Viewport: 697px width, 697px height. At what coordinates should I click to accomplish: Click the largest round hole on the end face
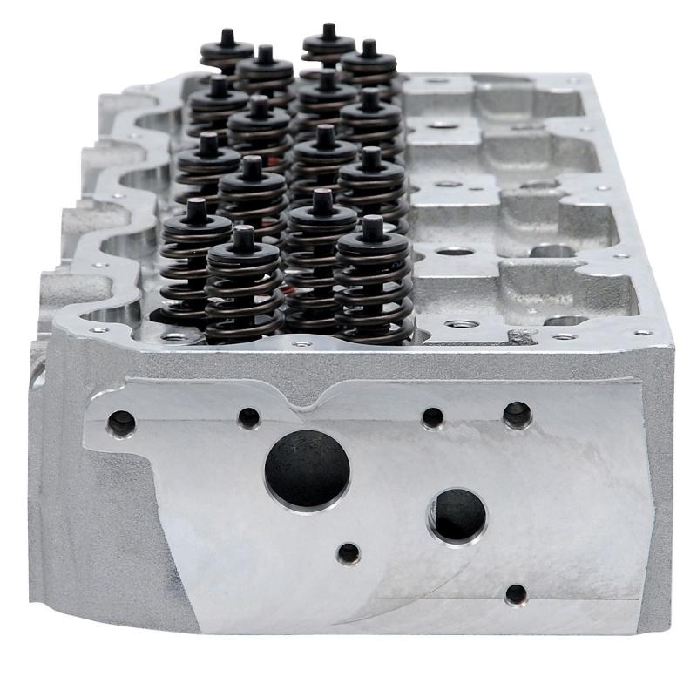307,469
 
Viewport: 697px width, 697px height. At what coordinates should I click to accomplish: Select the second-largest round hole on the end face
457,514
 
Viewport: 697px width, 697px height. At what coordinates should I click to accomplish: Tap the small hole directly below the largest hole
348,552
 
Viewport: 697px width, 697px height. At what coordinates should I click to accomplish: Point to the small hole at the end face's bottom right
516,594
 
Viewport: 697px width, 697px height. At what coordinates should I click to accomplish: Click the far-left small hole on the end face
121,424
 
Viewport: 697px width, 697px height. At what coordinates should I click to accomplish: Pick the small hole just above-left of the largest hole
249,417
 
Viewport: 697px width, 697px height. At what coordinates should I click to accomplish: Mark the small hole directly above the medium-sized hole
432,418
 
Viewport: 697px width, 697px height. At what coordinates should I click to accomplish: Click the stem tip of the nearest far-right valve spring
373,227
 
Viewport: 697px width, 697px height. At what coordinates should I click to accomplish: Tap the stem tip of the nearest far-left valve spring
195,210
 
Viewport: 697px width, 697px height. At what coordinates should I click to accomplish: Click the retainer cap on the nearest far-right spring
373,247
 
